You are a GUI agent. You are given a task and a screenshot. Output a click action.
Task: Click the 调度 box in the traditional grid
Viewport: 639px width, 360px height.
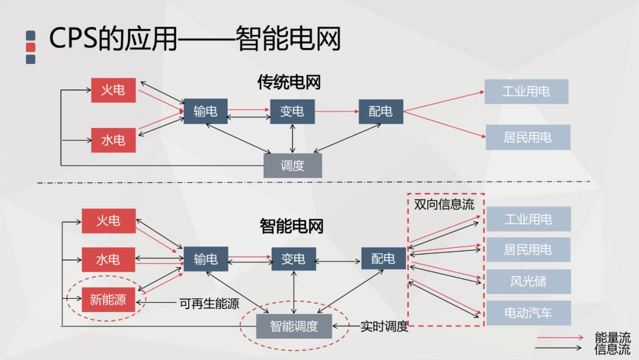(292, 165)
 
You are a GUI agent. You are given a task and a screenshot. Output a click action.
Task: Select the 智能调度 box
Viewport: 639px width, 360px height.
(294, 326)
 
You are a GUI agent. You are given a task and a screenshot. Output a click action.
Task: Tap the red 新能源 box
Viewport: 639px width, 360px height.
(108, 300)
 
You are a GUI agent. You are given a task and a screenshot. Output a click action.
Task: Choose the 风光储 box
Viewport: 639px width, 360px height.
(528, 281)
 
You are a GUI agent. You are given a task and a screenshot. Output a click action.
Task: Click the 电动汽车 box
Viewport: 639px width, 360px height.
(528, 313)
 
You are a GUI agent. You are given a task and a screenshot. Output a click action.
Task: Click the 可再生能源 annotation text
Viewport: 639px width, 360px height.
(209, 304)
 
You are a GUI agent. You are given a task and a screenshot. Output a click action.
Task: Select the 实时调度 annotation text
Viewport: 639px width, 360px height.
(384, 326)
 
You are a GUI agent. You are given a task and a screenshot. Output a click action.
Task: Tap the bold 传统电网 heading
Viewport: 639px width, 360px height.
(289, 82)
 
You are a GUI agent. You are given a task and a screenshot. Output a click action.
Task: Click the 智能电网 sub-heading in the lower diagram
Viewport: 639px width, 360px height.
(291, 226)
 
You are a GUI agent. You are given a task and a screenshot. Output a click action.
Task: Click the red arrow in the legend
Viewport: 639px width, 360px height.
(560, 337)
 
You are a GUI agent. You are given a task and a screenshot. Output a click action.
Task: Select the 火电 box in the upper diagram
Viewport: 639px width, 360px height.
(113, 90)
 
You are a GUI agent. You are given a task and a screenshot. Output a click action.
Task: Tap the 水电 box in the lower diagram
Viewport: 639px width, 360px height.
(108, 259)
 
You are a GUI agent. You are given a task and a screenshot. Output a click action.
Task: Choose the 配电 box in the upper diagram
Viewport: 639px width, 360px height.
(380, 111)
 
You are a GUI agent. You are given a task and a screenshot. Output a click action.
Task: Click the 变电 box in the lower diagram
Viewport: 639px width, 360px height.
(293, 259)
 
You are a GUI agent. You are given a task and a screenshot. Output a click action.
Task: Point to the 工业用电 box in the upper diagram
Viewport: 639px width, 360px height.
(526, 91)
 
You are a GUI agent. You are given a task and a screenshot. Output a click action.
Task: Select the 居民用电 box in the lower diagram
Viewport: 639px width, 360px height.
(528, 250)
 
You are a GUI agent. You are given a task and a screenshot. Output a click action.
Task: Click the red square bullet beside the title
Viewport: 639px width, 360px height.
(31, 47)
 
